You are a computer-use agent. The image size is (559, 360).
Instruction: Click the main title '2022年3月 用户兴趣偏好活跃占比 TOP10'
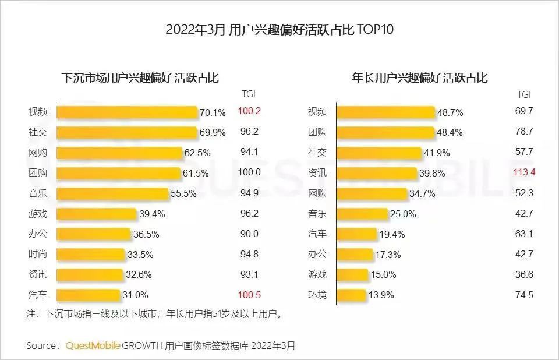point(279,30)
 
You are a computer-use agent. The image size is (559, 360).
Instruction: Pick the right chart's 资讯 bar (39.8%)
point(377,173)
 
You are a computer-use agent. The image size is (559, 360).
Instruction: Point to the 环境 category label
point(317,294)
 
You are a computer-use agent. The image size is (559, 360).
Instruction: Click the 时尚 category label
point(38,254)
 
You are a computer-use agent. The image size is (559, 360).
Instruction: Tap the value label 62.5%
point(199,153)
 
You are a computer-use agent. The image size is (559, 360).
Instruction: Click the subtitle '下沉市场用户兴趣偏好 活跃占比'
point(140,77)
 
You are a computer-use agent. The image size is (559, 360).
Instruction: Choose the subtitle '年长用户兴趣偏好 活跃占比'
point(420,77)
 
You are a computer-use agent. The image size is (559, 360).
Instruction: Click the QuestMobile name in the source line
point(93,345)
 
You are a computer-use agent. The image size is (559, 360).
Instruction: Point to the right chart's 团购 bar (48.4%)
point(385,132)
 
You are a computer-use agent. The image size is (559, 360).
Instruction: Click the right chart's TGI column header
point(524,94)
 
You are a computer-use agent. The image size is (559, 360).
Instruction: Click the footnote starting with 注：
point(155,315)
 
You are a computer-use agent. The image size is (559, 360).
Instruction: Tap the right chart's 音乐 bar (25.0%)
point(362,214)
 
